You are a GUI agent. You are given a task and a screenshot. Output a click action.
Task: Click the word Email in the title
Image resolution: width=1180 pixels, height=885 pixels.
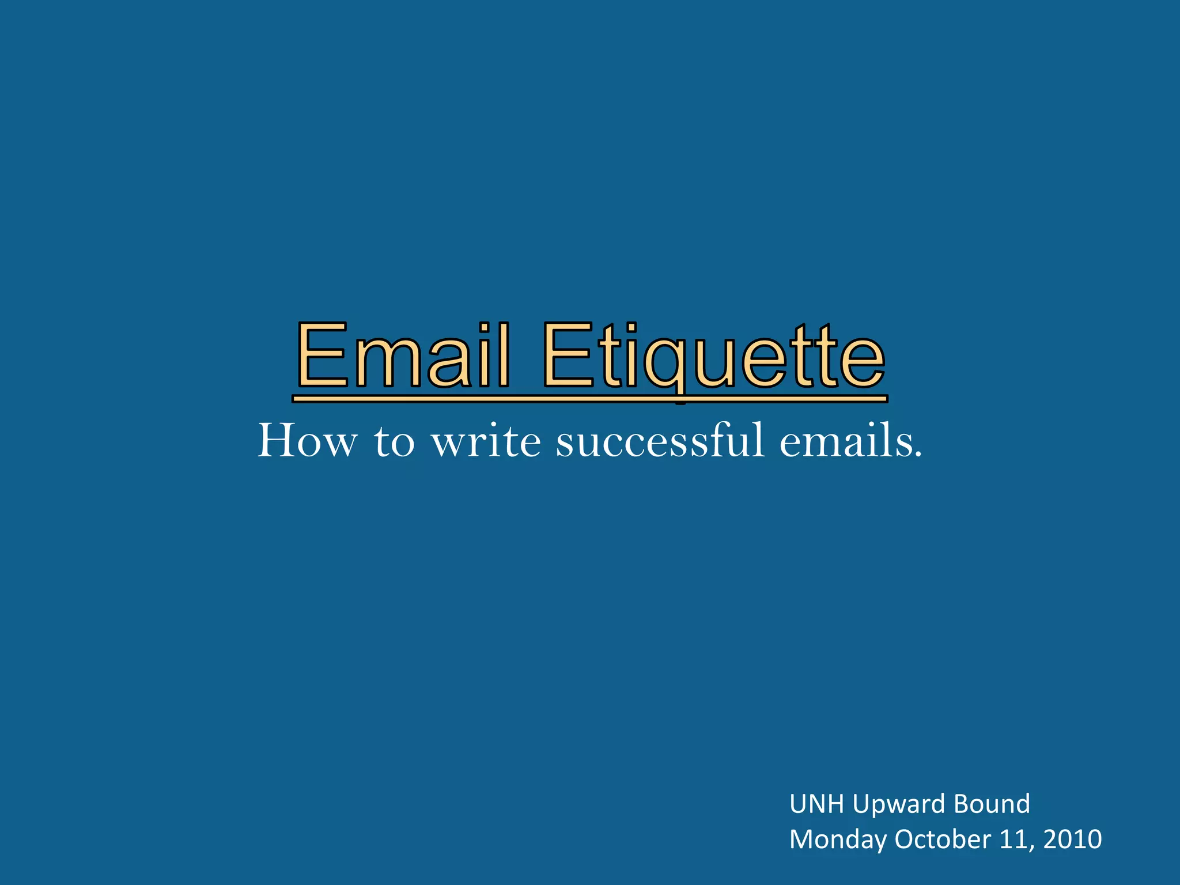pos(403,355)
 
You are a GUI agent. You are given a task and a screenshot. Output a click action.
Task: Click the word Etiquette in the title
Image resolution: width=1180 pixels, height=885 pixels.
pos(713,356)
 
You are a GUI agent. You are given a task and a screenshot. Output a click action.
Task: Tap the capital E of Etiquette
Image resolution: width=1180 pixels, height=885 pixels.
pos(567,355)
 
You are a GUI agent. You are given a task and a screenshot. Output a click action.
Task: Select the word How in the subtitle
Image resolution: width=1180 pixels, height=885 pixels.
pos(307,441)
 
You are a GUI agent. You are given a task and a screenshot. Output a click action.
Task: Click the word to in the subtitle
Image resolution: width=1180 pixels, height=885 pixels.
pos(395,442)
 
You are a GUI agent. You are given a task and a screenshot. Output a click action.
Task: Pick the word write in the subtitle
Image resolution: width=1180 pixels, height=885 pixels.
pos(486,441)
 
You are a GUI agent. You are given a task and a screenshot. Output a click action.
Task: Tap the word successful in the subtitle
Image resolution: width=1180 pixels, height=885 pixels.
pos(661,441)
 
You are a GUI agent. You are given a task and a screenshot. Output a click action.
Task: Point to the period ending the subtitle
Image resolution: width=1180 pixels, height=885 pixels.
pos(918,455)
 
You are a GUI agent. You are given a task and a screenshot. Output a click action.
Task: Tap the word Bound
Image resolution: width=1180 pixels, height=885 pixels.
pos(992,804)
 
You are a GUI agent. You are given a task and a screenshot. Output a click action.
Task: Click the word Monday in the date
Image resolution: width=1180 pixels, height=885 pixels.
pos(837,840)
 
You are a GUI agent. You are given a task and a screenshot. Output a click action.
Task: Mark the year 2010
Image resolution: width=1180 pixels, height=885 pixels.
pos(1072,839)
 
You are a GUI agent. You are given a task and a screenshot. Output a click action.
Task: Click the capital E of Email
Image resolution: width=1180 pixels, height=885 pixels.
pos(323,355)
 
